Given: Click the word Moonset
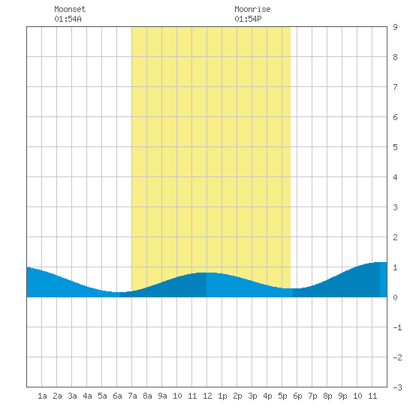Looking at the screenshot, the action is tap(70, 9).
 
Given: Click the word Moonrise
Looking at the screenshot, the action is tap(252, 9).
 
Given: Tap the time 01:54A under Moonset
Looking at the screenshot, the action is tap(68, 19).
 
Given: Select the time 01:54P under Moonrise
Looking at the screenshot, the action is tap(248, 19).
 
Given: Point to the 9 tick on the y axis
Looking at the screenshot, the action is tap(395, 27).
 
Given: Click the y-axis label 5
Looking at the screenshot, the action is tap(395, 147).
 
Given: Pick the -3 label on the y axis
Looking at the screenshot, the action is tap(397, 387).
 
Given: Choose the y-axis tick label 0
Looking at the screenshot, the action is tap(395, 297).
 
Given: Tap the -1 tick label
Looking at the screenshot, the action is tap(397, 327).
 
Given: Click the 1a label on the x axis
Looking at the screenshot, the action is tap(42, 396).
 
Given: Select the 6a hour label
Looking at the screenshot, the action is tap(117, 396).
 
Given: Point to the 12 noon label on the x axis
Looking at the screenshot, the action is tap(207, 396).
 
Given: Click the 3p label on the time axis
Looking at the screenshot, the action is tap(252, 396).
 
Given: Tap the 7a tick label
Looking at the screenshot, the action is tap(132, 396).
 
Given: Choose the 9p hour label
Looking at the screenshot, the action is tap(342, 396).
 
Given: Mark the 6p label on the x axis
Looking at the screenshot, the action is tap(297, 396).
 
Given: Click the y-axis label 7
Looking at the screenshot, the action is tap(395, 87).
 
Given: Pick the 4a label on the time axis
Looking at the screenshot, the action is tap(87, 396).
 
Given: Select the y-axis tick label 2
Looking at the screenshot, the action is tap(395, 237).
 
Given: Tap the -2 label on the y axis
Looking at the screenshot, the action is tap(397, 357).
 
